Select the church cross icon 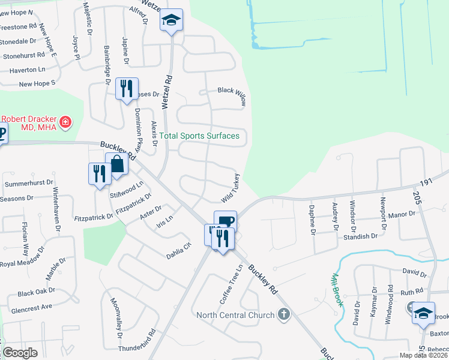[x=284, y=314]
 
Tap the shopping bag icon [x=116, y=164]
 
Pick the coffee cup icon [x=225, y=221]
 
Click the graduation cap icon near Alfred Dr [x=171, y=20]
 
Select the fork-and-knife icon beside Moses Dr [x=127, y=89]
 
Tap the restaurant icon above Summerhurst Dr [x=100, y=174]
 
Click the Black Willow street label [x=232, y=96]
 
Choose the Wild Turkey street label [x=231, y=188]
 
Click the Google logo [x=20, y=353]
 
